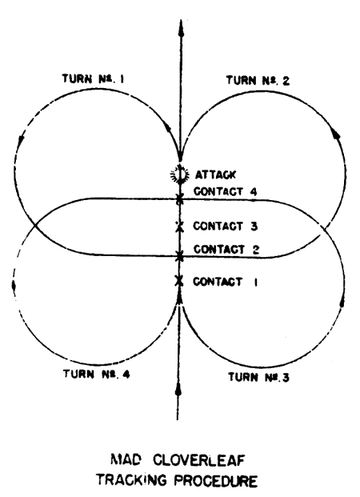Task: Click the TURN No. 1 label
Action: [x=93, y=78]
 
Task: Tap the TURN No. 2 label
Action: [x=258, y=80]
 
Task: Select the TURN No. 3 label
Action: [x=258, y=377]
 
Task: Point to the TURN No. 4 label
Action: [x=96, y=374]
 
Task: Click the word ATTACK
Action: [x=215, y=174]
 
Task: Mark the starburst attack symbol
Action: [x=180, y=174]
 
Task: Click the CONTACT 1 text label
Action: [x=226, y=282]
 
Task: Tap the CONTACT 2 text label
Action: [x=226, y=250]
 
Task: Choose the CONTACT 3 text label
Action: [x=226, y=226]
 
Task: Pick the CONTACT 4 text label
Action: [x=226, y=191]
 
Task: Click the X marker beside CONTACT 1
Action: [x=179, y=281]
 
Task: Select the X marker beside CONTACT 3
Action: [x=180, y=226]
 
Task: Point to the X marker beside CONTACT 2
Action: [x=180, y=256]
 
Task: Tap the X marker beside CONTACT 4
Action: [x=180, y=199]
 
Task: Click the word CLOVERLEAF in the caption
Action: [x=199, y=460]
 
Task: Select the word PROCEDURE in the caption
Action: [x=216, y=481]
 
